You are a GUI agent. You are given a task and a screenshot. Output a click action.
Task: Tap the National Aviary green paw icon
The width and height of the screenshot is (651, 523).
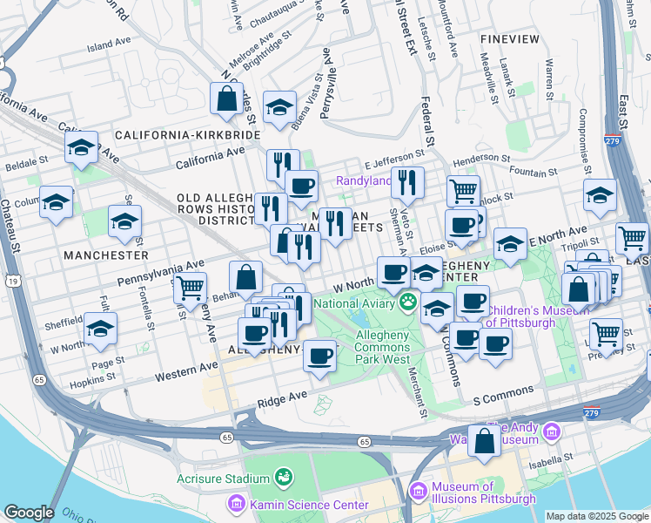(407, 302)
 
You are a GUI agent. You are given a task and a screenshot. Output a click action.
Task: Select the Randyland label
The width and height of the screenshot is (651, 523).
(363, 181)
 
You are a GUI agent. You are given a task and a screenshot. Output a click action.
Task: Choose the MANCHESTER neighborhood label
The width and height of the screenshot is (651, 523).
(105, 255)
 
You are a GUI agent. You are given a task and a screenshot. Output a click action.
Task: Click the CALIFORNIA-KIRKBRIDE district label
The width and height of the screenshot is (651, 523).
(187, 136)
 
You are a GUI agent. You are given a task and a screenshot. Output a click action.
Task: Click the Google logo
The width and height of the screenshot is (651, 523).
(29, 513)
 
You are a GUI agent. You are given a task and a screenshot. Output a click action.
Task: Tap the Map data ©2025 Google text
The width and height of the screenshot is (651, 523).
(596, 516)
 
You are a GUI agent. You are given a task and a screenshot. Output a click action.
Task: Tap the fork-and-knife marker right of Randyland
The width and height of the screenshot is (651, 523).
(406, 183)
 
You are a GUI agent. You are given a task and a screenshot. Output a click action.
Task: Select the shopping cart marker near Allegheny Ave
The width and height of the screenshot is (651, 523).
(189, 288)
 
